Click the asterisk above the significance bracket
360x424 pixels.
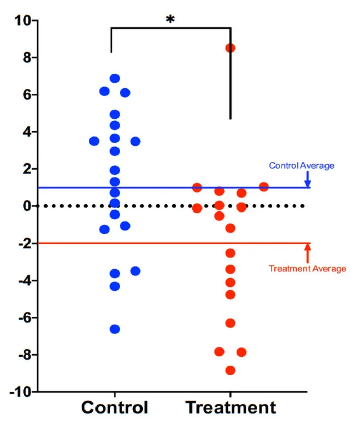(x=171, y=20)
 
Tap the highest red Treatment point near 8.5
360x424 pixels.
(x=230, y=48)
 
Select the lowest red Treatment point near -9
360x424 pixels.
(x=230, y=370)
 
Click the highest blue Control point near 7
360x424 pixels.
(x=115, y=78)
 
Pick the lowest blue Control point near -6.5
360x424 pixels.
(x=115, y=329)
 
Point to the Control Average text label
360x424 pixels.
(x=302, y=165)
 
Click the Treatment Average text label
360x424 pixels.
(x=307, y=269)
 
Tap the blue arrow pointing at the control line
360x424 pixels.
(x=307, y=179)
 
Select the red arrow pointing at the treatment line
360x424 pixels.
(x=307, y=253)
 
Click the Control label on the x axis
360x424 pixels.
(x=115, y=408)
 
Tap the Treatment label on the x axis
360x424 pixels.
(x=231, y=408)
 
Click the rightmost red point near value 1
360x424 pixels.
(x=264, y=187)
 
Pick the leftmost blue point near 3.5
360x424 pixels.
(x=94, y=141)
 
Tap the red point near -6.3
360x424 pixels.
(x=230, y=323)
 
